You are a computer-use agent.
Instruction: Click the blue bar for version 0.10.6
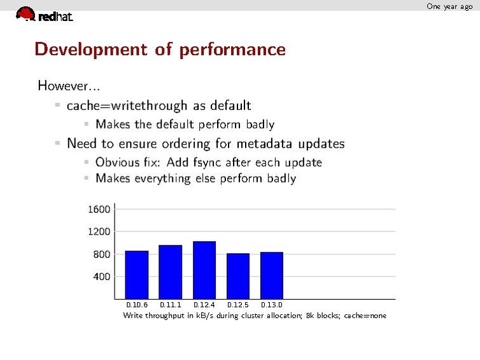(136, 275)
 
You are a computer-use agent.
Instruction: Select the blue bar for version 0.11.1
(170, 272)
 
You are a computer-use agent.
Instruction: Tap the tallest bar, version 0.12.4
(204, 270)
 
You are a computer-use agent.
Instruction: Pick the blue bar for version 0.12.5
(238, 276)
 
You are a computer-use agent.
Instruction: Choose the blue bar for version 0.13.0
(272, 275)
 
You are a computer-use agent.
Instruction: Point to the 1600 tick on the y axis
(99, 209)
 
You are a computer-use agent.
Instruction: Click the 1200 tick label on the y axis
(99, 232)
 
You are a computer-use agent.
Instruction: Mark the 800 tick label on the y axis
(102, 254)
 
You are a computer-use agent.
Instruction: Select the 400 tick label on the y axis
(102, 277)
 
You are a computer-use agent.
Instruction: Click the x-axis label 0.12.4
(204, 305)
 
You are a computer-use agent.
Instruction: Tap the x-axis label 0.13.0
(272, 305)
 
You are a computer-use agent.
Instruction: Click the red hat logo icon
(25, 13)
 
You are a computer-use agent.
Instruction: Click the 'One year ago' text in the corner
(449, 6)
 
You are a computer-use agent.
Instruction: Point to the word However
(64, 85)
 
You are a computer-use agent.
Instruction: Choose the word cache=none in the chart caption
(365, 315)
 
